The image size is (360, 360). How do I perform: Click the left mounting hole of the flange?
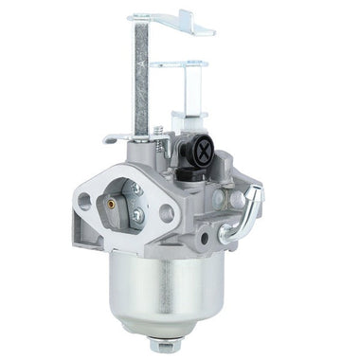point(85,200)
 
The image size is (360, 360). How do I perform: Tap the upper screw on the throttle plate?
point(138,190)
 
